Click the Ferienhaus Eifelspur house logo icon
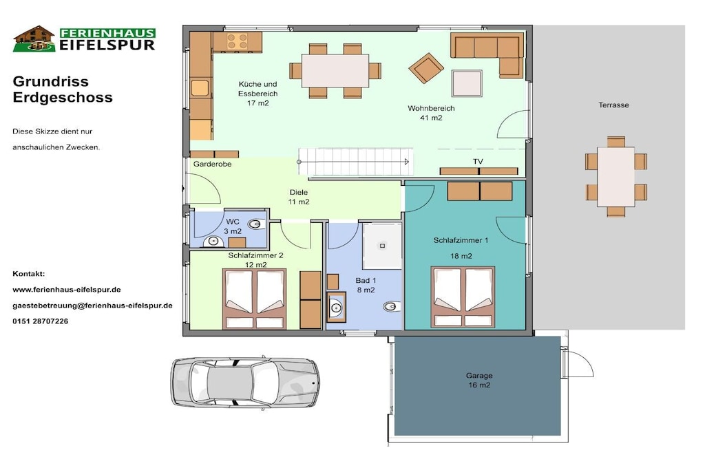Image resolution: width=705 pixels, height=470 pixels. [34, 39]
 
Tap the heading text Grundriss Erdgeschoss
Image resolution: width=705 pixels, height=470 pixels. [63, 89]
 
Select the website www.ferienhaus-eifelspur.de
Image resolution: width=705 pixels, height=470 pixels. [67, 290]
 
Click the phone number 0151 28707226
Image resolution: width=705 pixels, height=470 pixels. [41, 321]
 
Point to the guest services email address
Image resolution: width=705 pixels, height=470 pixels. [93, 306]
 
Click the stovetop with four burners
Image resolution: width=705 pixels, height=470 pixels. [238, 42]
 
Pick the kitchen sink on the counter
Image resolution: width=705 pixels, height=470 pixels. [200, 88]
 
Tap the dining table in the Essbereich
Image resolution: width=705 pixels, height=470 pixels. [335, 71]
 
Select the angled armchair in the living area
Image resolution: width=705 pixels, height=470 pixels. [425, 68]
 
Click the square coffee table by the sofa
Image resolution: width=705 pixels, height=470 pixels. [467, 83]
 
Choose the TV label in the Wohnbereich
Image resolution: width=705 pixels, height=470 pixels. [478, 162]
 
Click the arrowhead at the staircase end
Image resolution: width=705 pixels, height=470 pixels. [407, 162]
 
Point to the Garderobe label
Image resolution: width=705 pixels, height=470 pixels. [212, 164]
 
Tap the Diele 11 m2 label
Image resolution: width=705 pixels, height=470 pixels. [299, 197]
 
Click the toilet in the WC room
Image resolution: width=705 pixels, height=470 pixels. [255, 224]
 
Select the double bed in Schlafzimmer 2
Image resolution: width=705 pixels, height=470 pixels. [255, 299]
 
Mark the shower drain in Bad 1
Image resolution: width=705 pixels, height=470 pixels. [383, 246]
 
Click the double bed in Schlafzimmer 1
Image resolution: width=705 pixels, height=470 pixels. [463, 297]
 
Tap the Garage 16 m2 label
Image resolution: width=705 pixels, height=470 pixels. [479, 380]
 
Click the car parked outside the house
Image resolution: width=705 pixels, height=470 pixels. [245, 383]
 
